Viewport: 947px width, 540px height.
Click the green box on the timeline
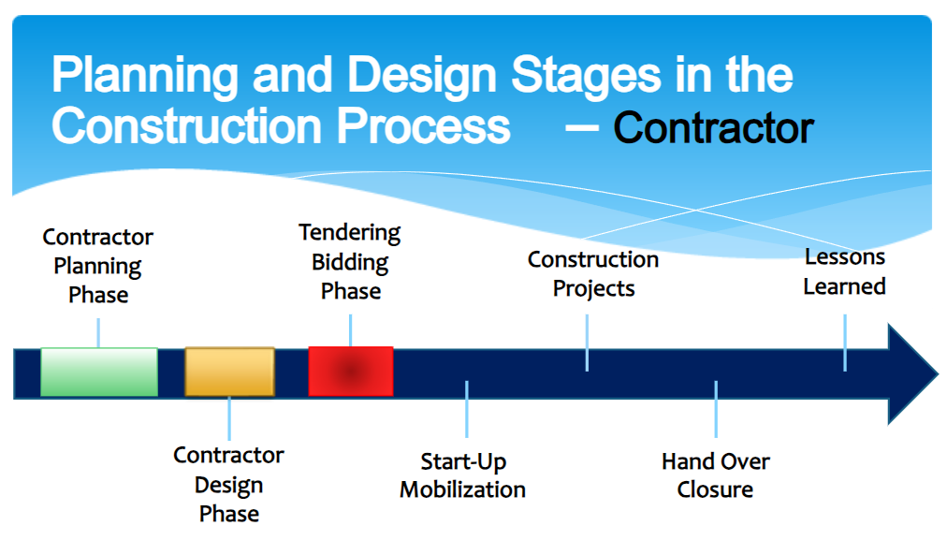click(x=99, y=372)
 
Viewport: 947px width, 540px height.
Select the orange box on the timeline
click(x=229, y=372)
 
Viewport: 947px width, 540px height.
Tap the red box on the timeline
click(x=351, y=371)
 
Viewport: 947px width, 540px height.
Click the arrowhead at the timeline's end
click(x=912, y=374)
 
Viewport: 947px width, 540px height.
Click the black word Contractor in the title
click(x=713, y=128)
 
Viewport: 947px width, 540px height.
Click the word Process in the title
click(x=423, y=125)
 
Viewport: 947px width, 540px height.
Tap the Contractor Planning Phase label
click(x=98, y=266)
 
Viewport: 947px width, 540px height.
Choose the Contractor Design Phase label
click(x=229, y=485)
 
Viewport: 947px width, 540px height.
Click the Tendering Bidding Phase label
click(x=350, y=261)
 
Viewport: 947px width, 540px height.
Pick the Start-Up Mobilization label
click(x=462, y=475)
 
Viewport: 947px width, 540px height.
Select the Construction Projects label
click(x=593, y=273)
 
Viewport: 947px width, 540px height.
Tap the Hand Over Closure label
click(x=716, y=475)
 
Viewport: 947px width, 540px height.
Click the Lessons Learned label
click(x=844, y=271)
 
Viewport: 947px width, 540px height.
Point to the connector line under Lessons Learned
click(x=845, y=343)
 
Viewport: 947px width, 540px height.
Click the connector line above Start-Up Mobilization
click(x=467, y=409)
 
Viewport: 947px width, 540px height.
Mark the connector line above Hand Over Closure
click(x=716, y=409)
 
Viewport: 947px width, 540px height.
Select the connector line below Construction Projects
click(x=587, y=343)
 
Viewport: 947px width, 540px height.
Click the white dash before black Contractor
click(x=582, y=128)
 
